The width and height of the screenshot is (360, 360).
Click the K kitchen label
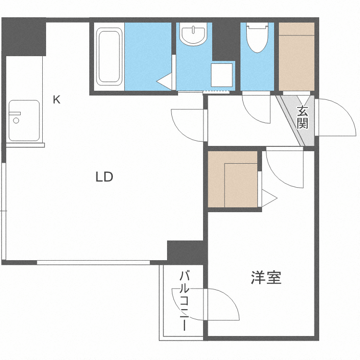point(57,100)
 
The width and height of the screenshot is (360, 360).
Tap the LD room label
point(104,177)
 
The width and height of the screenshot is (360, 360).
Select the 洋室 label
point(266,277)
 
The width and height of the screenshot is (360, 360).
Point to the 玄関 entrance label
point(302,118)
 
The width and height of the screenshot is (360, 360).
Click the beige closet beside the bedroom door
point(233,179)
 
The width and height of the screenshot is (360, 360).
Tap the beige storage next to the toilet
point(296,57)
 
